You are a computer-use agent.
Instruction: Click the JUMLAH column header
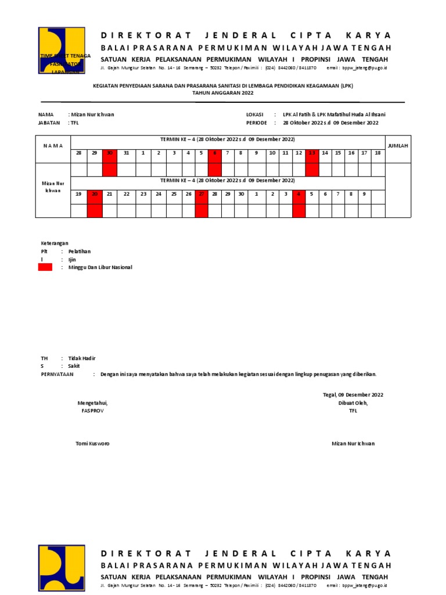398,146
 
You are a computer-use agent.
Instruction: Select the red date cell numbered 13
312,153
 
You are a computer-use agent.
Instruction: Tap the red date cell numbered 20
95,194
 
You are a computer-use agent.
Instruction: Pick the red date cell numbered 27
201,194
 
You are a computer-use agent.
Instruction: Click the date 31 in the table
126,153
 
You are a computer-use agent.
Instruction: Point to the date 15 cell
338,153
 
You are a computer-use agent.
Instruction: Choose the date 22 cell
126,194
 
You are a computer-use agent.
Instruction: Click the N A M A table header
53,146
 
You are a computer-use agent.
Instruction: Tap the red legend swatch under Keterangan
45,267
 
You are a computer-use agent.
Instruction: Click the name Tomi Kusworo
92,443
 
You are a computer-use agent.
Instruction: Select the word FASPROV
92,411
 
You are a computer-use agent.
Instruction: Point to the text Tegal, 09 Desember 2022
353,395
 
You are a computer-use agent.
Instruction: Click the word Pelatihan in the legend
80,251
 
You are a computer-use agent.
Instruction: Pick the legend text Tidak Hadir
82,359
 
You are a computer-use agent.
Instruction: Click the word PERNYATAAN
57,375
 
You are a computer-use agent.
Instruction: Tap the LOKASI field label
255,114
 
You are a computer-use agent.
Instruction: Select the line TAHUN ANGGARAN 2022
223,92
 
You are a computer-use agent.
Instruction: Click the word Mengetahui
92,403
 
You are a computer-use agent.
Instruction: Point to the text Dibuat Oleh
353,403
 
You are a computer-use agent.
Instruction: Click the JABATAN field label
49,123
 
